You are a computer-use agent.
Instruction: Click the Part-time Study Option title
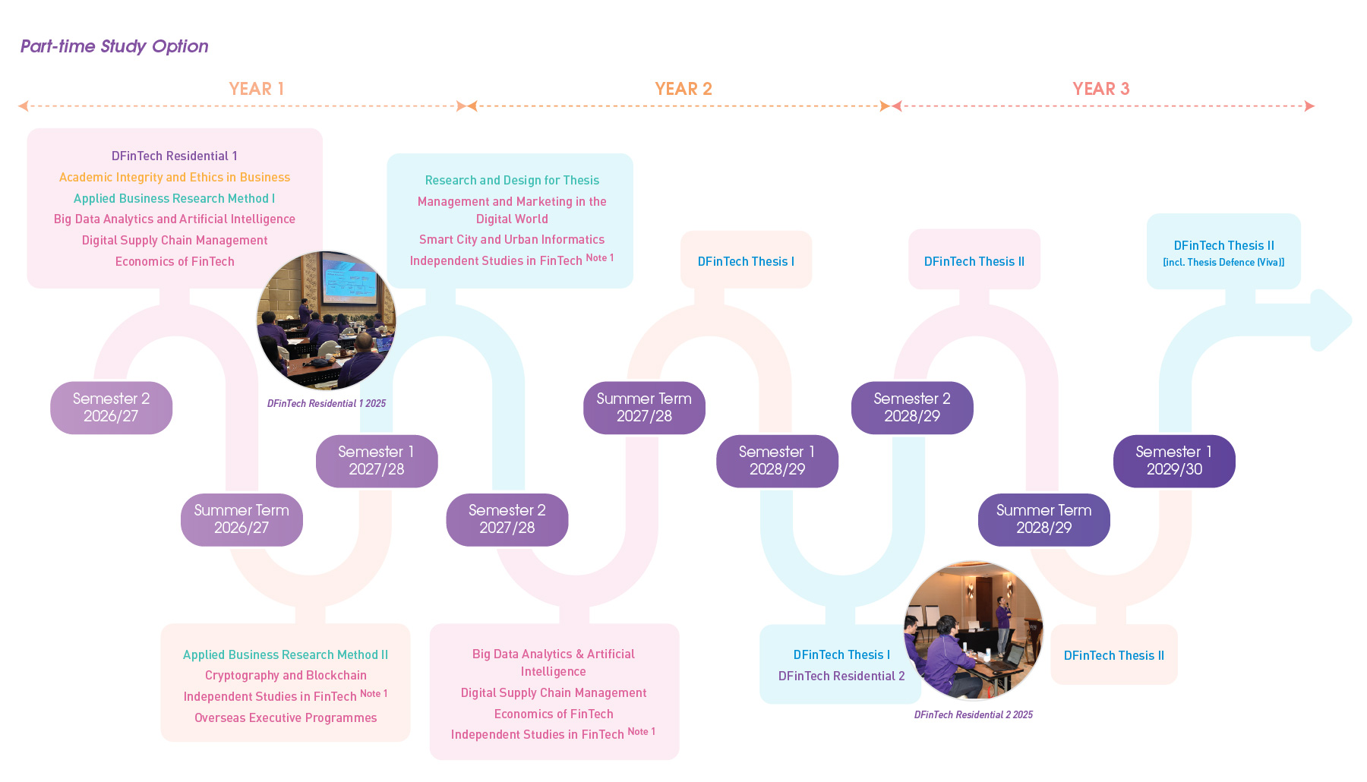(114, 46)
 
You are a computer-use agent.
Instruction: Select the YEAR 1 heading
(257, 89)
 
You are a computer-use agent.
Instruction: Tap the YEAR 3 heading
(1100, 89)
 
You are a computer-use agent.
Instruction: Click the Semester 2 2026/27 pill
(111, 408)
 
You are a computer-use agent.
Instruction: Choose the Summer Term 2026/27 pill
(242, 519)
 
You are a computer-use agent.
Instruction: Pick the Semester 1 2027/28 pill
(377, 461)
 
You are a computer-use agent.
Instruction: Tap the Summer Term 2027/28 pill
(644, 408)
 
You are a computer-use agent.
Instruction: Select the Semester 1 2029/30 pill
(1174, 461)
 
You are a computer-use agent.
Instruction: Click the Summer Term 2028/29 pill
(1043, 519)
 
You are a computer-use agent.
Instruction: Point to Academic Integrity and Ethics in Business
(175, 177)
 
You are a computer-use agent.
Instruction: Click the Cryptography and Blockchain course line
(286, 675)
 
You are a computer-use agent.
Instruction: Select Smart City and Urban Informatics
(512, 239)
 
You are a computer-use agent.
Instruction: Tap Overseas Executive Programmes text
(286, 717)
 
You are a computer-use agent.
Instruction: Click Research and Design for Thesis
(512, 180)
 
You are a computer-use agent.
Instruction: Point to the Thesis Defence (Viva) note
(1223, 263)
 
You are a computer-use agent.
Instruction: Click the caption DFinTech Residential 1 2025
(327, 404)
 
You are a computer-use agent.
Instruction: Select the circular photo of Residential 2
(974, 630)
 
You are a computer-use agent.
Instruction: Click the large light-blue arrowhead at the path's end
(1331, 320)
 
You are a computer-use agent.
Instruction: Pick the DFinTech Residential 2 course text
(841, 676)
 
